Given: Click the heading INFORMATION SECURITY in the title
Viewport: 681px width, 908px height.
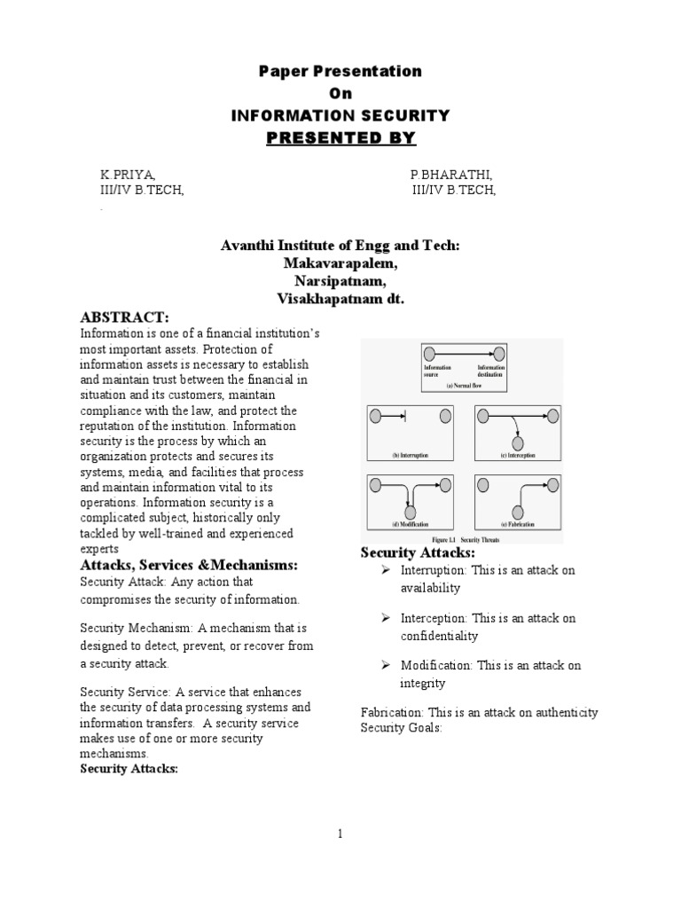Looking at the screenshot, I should pyautogui.click(x=340, y=115).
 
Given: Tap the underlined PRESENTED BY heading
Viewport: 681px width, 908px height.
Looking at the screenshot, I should pyautogui.click(x=340, y=137).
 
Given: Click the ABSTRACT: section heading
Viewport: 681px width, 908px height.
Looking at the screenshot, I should pyautogui.click(x=124, y=317).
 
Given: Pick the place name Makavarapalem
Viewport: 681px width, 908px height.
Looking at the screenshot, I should pyautogui.click(x=340, y=264).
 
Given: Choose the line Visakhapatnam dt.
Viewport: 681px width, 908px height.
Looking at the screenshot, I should pyautogui.click(x=340, y=300).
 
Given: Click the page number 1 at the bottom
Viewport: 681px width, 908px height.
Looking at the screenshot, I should pyautogui.click(x=340, y=834).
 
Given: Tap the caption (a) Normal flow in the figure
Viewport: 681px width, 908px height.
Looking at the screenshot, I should pyautogui.click(x=463, y=386).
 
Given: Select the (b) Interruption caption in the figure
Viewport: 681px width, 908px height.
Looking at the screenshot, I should pyautogui.click(x=410, y=456).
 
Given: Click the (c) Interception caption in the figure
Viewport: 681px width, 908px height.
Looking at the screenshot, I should pyautogui.click(x=519, y=456).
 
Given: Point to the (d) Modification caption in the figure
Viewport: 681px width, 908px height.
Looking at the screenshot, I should pyautogui.click(x=410, y=525).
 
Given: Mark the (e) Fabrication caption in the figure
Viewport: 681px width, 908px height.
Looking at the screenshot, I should pyautogui.click(x=519, y=525).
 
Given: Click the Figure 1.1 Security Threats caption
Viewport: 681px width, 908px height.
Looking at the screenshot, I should pyautogui.click(x=464, y=538).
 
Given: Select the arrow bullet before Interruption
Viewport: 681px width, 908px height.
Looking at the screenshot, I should pyautogui.click(x=387, y=570).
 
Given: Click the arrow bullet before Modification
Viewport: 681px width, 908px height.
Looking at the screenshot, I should pyautogui.click(x=387, y=665).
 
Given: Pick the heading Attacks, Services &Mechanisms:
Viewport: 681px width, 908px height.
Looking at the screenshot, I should pyautogui.click(x=189, y=565).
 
